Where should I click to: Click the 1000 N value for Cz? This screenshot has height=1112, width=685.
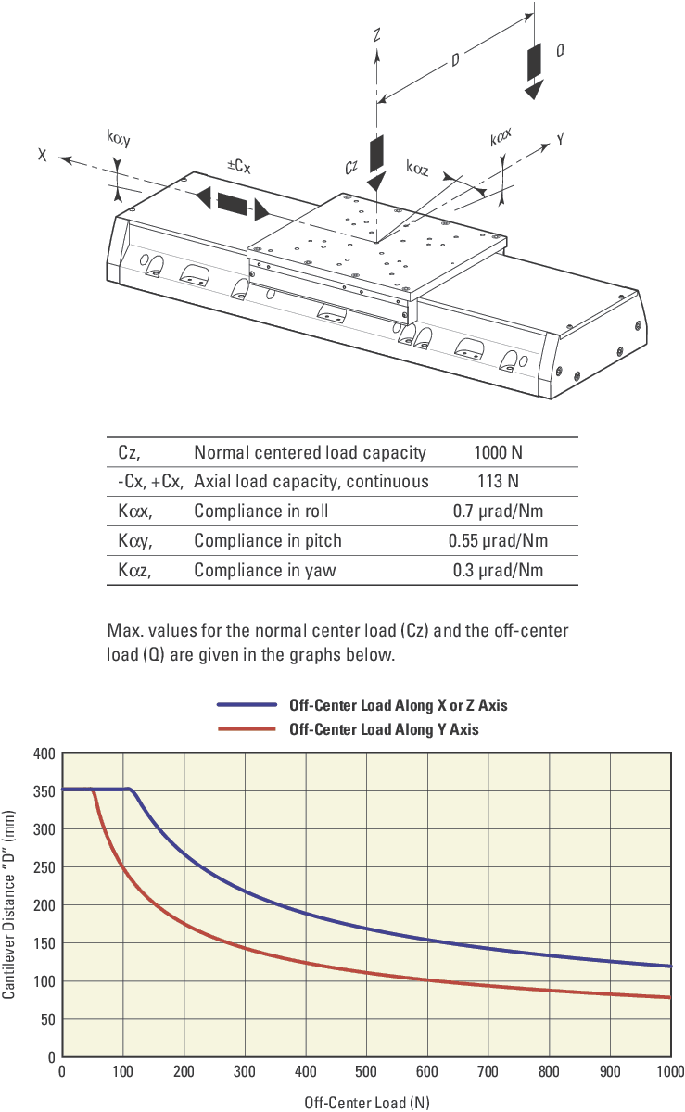coord(498,453)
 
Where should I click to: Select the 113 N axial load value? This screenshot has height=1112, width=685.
coord(498,482)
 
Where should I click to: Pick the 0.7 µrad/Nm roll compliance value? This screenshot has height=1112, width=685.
coord(498,512)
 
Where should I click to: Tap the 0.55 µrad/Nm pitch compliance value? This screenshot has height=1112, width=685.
coord(498,541)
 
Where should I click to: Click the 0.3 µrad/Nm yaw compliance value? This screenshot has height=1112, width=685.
coord(498,571)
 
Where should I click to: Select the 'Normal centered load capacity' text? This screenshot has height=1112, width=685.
coord(310,453)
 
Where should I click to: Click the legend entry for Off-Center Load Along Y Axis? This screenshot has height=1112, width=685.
coord(384,729)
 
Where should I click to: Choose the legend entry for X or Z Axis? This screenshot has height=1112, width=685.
coord(398,705)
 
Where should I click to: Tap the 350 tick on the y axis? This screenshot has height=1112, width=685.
coord(44,790)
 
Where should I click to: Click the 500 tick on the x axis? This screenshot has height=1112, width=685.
coord(367,1073)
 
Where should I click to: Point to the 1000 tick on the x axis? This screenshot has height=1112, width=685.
coord(667,1073)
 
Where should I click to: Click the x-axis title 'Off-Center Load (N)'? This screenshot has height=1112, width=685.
coord(367,1103)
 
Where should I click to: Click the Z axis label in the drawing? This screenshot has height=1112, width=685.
coord(377,35)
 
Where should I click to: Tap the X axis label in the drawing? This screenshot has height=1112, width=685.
coord(43,155)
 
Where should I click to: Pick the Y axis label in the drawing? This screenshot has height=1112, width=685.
coord(560,138)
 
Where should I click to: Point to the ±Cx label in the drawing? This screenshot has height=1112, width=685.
coord(239,166)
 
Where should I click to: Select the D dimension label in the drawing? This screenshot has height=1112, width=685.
coord(455,59)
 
